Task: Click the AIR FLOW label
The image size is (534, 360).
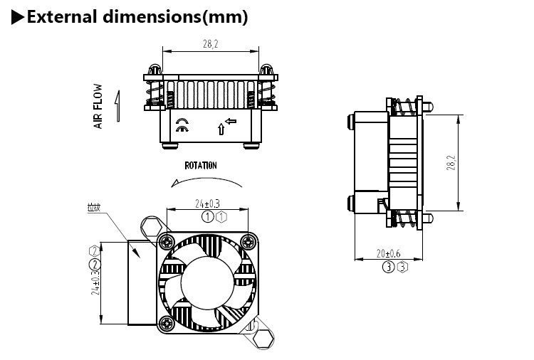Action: point(98,107)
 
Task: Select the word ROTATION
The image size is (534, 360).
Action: point(201,165)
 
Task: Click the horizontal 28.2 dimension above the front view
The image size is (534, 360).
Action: point(211,43)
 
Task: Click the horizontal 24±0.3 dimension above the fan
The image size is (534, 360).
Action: point(207,204)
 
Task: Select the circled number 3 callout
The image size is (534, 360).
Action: point(389,267)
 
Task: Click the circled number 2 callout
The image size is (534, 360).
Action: point(93,265)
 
